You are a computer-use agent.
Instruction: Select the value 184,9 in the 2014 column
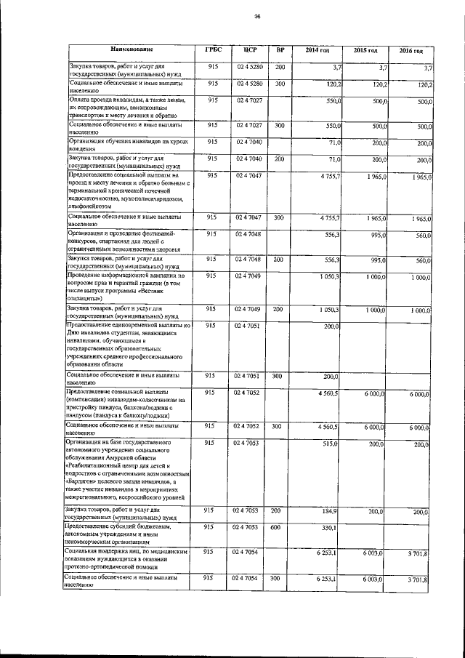331,511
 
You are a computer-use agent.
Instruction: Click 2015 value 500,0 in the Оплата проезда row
378,101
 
